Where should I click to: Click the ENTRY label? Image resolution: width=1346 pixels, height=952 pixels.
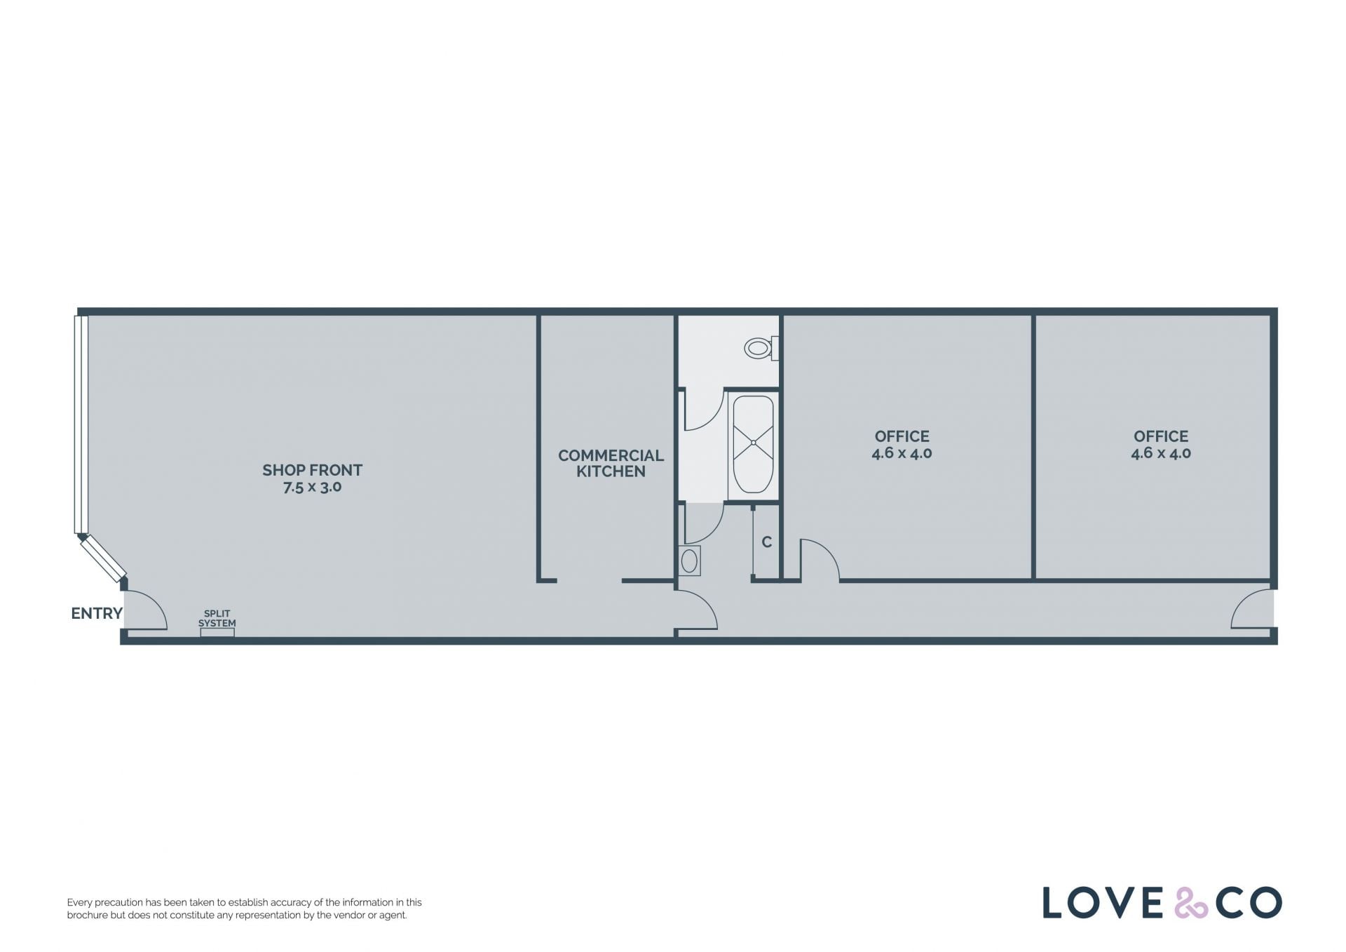point(97,613)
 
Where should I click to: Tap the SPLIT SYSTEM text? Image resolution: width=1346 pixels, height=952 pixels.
point(217,618)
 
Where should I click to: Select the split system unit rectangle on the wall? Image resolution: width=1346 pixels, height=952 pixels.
point(217,632)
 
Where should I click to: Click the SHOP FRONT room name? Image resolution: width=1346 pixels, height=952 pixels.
point(313,470)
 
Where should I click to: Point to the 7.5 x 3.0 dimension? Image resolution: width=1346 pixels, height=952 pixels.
point(313,487)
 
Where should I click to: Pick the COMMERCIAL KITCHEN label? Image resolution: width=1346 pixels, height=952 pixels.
point(611,463)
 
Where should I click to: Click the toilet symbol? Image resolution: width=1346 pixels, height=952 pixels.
point(762,348)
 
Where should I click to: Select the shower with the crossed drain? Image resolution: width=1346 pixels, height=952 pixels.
point(753,443)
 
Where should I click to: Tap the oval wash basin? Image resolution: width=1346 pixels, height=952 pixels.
point(690,561)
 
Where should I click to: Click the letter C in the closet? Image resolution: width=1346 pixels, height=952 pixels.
point(767,542)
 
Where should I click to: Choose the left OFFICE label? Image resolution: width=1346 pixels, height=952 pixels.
point(902,436)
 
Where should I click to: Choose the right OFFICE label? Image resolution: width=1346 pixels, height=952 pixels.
point(1161,436)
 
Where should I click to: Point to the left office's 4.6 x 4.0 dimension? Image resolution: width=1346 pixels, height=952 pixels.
point(902,453)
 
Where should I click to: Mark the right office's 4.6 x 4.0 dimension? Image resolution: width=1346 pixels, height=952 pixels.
point(1161,453)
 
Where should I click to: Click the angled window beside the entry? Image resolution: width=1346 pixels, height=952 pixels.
point(103,558)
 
